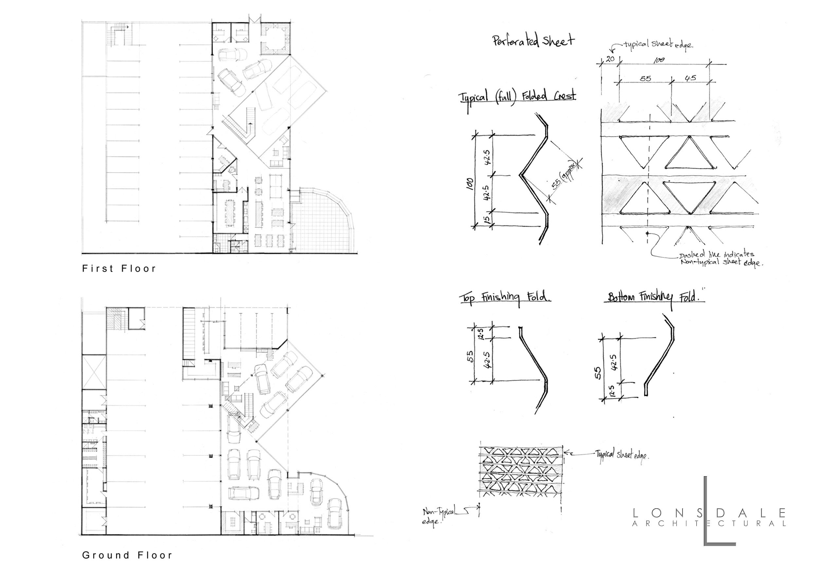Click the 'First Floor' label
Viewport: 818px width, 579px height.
click(x=119, y=269)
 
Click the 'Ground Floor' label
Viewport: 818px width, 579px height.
click(x=127, y=555)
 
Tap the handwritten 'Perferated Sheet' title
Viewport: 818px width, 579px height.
click(x=533, y=41)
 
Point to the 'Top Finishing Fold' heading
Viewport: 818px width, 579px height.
click(x=505, y=298)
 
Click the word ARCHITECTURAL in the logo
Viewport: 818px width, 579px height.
click(x=709, y=524)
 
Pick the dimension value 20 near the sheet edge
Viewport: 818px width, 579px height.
click(x=610, y=59)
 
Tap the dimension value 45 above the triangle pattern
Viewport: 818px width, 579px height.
click(x=690, y=78)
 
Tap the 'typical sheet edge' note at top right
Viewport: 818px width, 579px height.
click(x=658, y=45)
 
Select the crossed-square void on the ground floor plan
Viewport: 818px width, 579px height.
click(x=94, y=372)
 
